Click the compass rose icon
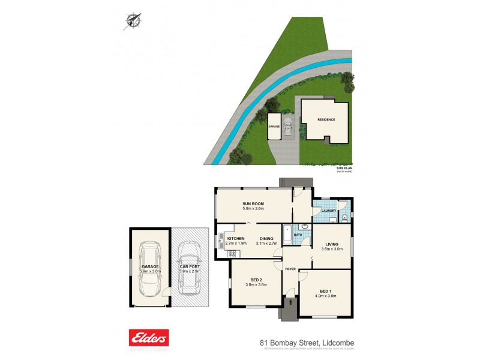(x=133, y=20)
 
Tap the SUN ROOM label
(x=254, y=203)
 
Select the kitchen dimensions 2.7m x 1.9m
(x=236, y=243)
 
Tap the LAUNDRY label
(x=328, y=211)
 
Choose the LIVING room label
(x=332, y=244)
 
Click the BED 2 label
(x=254, y=280)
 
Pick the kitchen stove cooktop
(x=232, y=254)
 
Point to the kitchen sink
(x=221, y=242)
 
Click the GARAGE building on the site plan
(x=274, y=127)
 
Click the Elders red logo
(x=149, y=337)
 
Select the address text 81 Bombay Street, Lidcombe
(x=307, y=343)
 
